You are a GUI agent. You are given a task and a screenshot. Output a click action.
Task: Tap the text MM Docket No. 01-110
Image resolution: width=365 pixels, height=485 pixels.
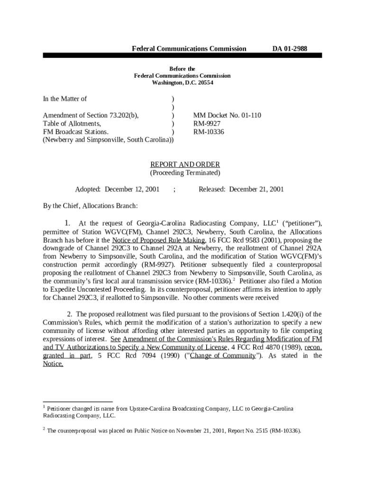tap(227, 116)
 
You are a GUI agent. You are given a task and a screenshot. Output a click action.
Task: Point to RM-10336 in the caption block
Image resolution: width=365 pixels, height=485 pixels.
tap(209, 132)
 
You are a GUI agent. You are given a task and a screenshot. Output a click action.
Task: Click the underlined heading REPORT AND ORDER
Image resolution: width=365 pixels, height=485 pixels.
tap(185, 165)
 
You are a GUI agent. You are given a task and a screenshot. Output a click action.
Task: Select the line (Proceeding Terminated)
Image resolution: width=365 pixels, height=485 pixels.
tap(185, 173)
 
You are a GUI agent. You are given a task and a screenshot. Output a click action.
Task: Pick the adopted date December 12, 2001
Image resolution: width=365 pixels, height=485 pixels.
tap(132, 189)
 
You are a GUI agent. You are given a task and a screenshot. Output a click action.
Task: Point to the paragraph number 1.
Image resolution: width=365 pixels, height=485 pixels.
tap(68, 223)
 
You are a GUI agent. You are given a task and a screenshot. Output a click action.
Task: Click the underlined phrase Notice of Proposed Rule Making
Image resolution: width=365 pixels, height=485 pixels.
tap(158, 240)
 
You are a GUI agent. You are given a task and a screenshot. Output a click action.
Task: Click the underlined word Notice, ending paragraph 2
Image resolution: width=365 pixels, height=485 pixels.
tap(53, 364)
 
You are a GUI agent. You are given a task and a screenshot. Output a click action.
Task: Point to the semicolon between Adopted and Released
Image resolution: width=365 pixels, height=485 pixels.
tap(175, 189)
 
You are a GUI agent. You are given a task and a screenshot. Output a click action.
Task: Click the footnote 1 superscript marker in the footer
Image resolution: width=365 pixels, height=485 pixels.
tap(44, 407)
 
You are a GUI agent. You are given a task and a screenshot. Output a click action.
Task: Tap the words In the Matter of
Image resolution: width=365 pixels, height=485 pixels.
tap(65, 99)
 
